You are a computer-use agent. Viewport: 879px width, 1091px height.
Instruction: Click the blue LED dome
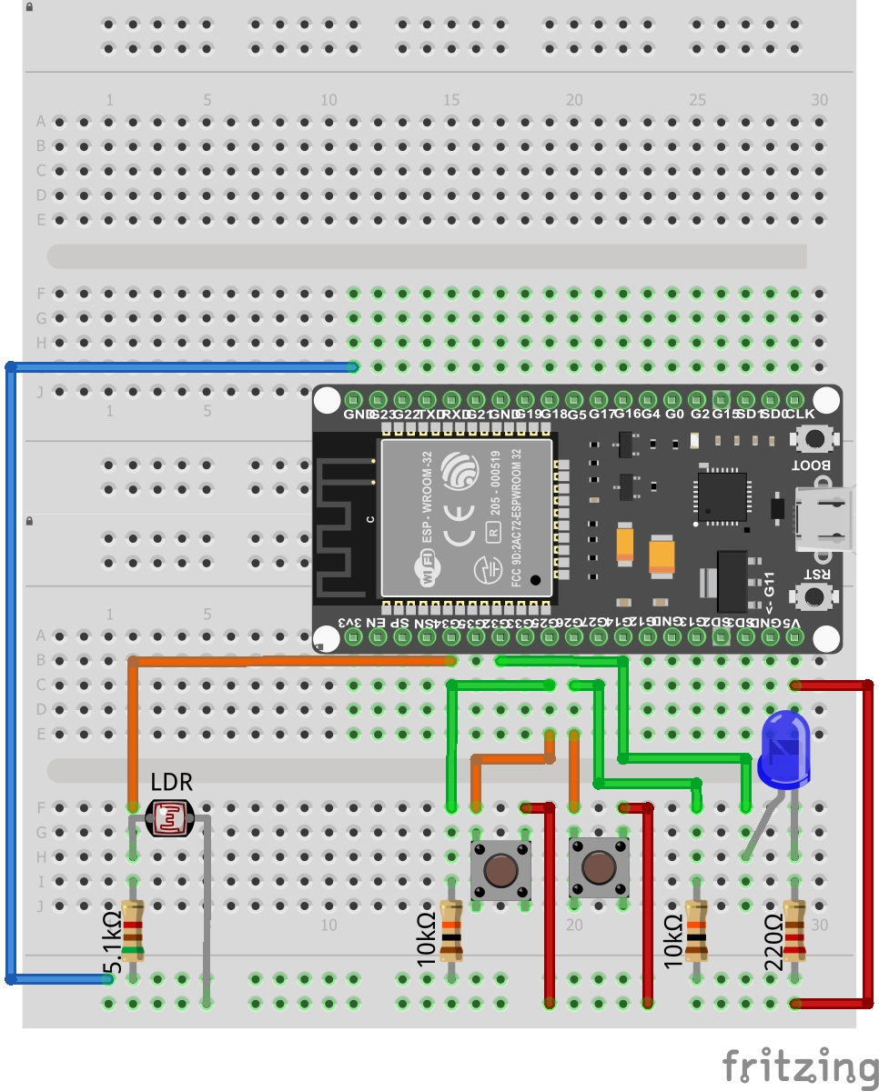(x=784, y=749)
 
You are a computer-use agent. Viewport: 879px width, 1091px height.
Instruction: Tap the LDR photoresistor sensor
(x=170, y=818)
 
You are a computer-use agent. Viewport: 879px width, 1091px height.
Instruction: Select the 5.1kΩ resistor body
(x=133, y=931)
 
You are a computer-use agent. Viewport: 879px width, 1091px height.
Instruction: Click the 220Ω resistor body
(x=794, y=931)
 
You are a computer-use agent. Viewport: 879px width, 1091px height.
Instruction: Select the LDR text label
(x=171, y=782)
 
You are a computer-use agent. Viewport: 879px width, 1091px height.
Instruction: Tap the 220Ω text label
(x=774, y=942)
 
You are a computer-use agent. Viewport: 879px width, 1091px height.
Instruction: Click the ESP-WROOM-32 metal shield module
(x=467, y=517)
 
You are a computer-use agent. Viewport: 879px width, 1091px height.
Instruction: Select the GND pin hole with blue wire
(x=354, y=400)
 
